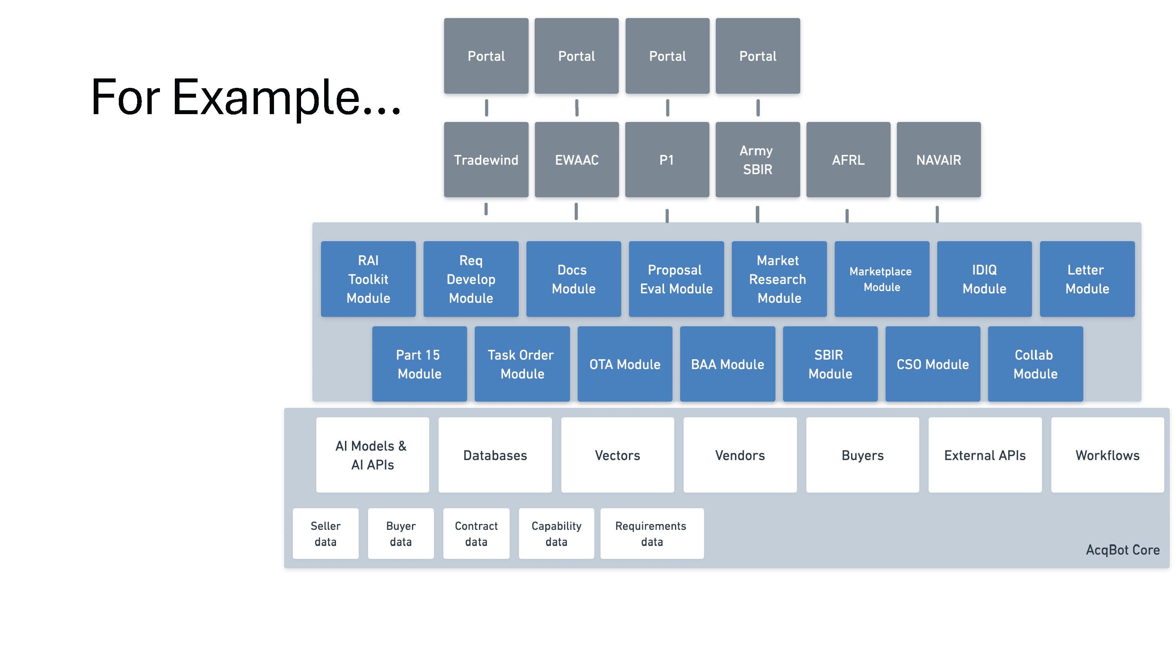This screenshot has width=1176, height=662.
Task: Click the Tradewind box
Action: [486, 160]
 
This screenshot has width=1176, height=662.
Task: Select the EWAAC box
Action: [577, 160]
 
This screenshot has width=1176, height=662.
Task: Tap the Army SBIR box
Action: [757, 160]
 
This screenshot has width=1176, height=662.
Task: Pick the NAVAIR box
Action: [938, 160]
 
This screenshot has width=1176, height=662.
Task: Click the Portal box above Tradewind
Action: [486, 56]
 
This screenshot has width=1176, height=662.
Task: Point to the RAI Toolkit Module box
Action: [368, 279]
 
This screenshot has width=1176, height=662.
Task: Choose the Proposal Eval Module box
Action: [676, 279]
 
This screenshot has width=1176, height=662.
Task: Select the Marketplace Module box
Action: [882, 279]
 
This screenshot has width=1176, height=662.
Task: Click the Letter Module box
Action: [1087, 279]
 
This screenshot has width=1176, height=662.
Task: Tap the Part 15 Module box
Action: [419, 364]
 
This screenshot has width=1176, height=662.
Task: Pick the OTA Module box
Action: [624, 364]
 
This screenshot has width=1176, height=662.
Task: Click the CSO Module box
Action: [933, 364]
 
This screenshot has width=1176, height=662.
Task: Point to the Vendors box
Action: [740, 455]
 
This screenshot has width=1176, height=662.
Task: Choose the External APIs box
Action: [985, 455]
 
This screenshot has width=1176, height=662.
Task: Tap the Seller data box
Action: [325, 533]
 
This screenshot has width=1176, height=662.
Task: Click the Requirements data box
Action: [652, 533]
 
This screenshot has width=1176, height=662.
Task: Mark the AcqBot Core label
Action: [1123, 549]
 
